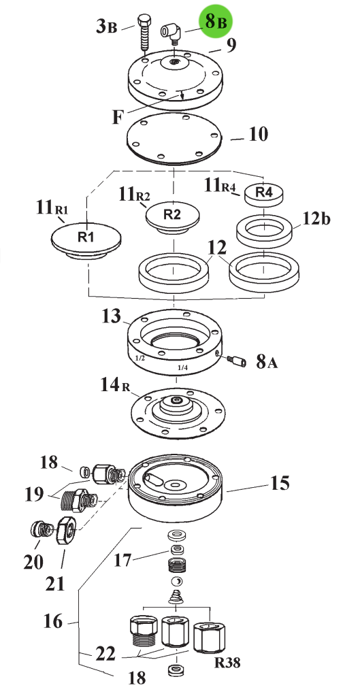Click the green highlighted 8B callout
pos(216,21)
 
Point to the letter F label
pos(117,118)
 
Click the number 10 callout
pos(259,134)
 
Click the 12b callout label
pos(317,219)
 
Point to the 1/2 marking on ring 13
pos(140,357)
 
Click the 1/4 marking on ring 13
pos(182,367)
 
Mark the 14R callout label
pos(115,385)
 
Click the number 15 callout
pos(280,483)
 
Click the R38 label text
pos(227,663)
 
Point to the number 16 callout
pos(53,622)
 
